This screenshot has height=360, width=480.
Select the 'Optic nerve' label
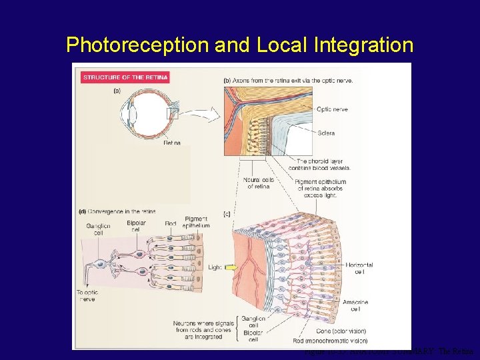pos(332,109)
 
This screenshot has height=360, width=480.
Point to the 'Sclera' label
pos(326,133)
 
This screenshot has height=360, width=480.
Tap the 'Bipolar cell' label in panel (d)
pos(136,225)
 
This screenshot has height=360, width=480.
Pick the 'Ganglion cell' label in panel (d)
pos(98,229)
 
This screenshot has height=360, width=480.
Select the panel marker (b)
pos(227,80)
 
